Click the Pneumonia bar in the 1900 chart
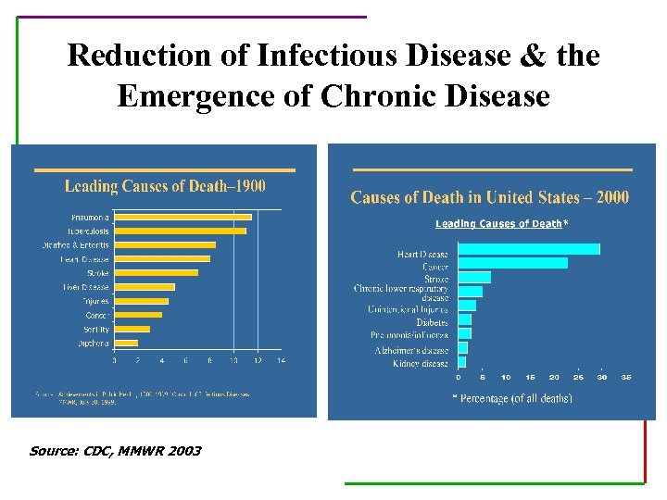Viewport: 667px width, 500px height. [x=182, y=217]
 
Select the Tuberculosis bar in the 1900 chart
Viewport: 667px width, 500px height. [x=180, y=231]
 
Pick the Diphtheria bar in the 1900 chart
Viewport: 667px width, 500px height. [x=126, y=343]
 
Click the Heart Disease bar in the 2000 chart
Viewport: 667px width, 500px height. [x=529, y=249]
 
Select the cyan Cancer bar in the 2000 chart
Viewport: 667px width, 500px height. [x=512, y=263]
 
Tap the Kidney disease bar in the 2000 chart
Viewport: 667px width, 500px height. [x=462, y=362]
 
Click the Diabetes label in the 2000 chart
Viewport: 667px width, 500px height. [x=432, y=322]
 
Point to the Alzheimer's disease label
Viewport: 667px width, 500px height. [x=411, y=350]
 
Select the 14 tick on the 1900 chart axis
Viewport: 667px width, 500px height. [x=281, y=360]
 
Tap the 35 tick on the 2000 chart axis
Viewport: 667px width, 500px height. [x=626, y=377]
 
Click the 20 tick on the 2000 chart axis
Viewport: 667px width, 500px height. [x=554, y=377]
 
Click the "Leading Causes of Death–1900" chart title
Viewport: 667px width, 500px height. [x=165, y=186]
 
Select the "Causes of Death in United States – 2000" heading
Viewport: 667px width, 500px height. [x=489, y=197]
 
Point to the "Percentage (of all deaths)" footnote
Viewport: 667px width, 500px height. [x=511, y=398]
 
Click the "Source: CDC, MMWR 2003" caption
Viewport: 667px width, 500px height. [x=115, y=451]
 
